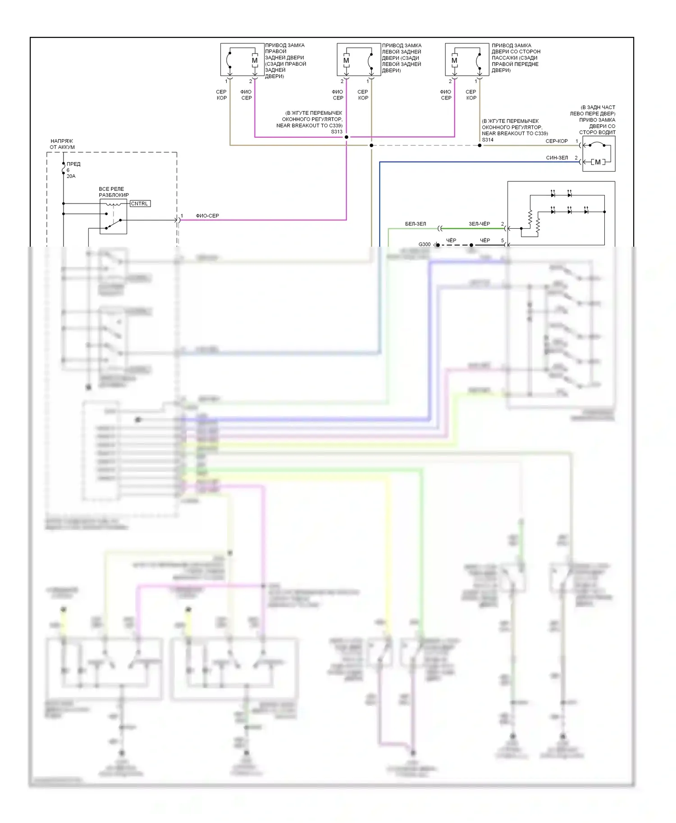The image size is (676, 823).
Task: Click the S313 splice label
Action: [336, 131]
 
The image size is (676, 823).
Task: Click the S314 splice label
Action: [488, 140]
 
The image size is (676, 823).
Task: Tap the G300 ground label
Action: [424, 244]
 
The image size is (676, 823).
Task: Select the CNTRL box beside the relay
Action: [140, 203]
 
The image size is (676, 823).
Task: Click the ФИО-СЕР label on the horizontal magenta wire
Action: [207, 216]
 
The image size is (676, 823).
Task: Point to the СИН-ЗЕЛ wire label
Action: [557, 158]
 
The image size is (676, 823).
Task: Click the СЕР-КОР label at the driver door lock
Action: [557, 141]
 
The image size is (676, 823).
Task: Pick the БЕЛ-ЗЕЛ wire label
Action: [415, 224]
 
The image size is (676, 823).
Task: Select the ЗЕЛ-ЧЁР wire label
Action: [479, 224]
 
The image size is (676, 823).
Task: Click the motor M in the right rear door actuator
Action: [255, 60]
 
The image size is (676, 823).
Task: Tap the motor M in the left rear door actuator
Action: [346, 60]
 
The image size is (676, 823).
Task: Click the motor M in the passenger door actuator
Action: [454, 60]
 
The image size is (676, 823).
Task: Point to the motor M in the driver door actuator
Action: [598, 162]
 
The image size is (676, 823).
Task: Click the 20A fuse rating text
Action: [71, 176]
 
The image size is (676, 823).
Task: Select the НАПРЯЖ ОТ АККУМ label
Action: [62, 144]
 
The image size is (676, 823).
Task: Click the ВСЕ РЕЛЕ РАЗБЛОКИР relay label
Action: [114, 192]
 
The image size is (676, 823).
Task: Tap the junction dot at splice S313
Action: [347, 137]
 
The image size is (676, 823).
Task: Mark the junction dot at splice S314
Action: [480, 145]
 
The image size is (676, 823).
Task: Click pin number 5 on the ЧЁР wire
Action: [502, 240]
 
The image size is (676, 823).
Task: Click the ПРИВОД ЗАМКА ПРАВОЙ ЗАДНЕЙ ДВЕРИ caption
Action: [285, 61]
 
